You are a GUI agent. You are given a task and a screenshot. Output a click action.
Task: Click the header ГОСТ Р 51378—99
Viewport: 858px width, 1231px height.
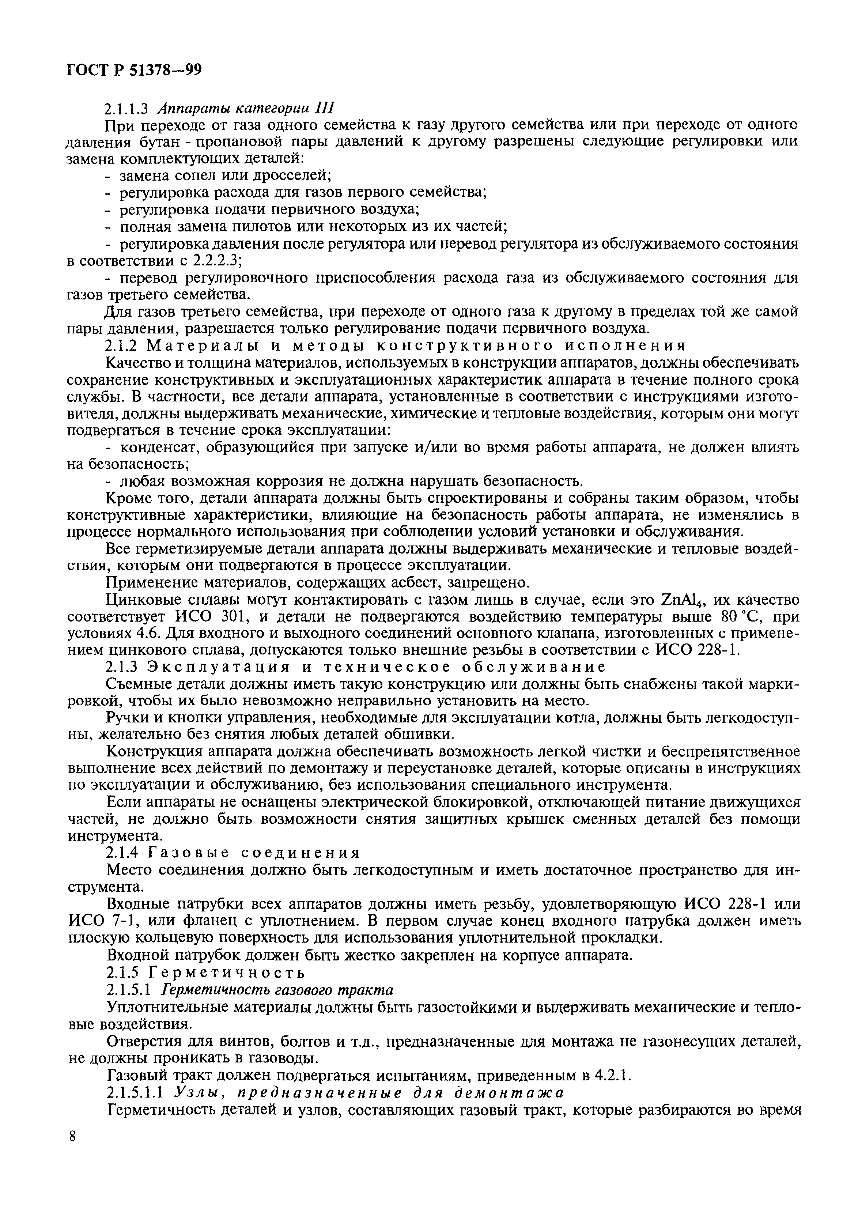click(134, 70)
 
